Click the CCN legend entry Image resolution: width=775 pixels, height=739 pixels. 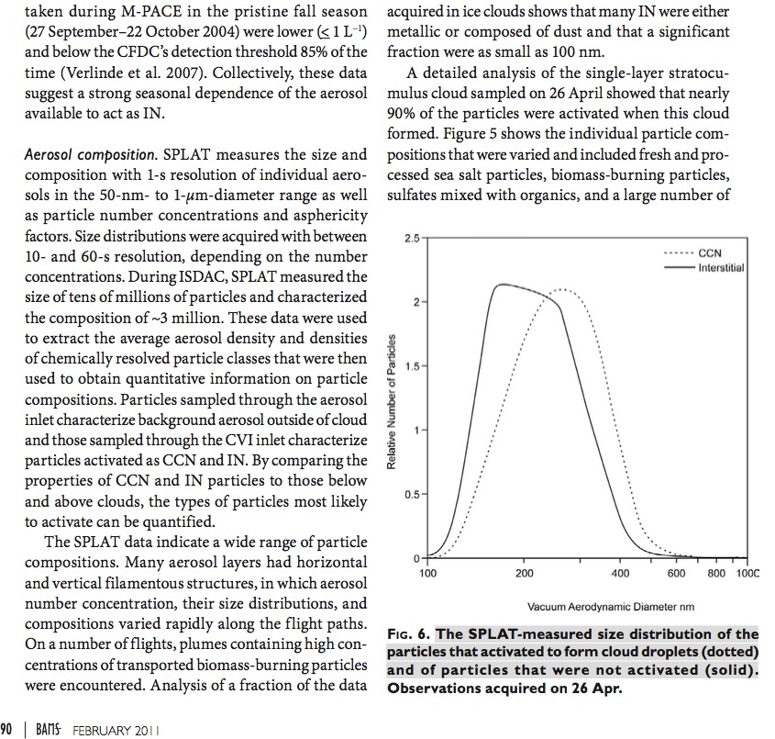[710, 253]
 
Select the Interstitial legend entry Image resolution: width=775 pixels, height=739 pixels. [721, 267]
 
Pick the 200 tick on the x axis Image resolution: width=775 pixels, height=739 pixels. [525, 573]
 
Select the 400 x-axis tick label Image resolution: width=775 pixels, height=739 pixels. [620, 573]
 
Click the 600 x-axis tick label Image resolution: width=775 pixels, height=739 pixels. [677, 573]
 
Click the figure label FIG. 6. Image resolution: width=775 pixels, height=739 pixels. [409, 634]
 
